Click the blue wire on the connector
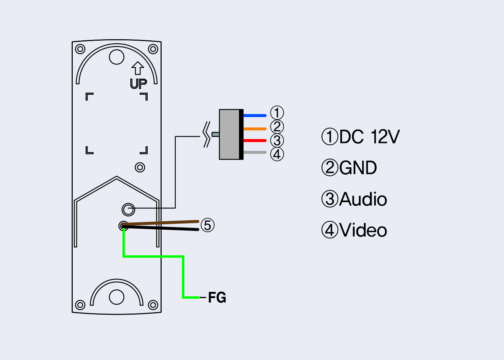point(255,116)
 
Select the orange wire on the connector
point(255,129)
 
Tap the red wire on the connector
point(255,140)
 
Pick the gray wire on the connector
point(255,152)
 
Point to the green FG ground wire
point(183,277)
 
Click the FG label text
point(217,298)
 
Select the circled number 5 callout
point(207,225)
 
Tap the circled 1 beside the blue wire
point(277,113)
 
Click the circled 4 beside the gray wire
point(277,154)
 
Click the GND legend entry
point(349,168)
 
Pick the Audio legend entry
point(354,199)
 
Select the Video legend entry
point(354,230)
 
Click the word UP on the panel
point(138,84)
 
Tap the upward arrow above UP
point(138,68)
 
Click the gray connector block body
point(229,134)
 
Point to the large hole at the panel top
point(117,57)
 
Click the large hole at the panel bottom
point(117,297)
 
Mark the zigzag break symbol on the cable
point(207,135)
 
